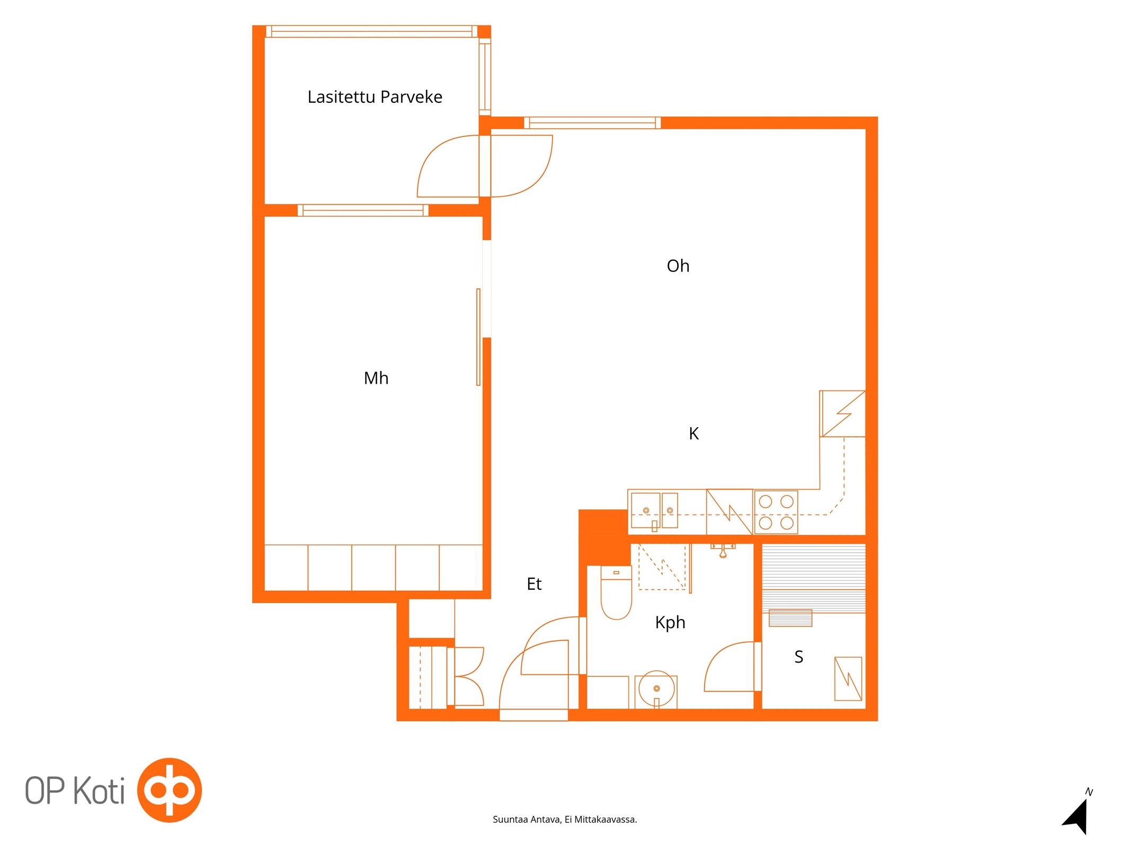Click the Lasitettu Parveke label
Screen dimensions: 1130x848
click(375, 97)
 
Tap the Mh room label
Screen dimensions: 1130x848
click(376, 378)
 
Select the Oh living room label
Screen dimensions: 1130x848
click(678, 266)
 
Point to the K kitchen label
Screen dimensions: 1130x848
click(693, 434)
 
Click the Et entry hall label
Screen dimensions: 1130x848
click(534, 584)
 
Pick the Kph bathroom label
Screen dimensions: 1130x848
click(670, 623)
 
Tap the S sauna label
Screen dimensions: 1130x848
click(799, 657)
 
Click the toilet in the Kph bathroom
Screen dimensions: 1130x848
click(616, 593)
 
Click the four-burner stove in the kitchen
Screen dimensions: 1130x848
click(776, 513)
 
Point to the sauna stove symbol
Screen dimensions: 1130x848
click(848, 679)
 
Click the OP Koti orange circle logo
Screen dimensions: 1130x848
click(170, 790)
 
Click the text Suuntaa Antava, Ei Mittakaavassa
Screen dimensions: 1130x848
click(565, 819)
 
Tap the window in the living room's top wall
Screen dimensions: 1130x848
click(592, 123)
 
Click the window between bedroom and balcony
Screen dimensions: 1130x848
click(363, 210)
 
